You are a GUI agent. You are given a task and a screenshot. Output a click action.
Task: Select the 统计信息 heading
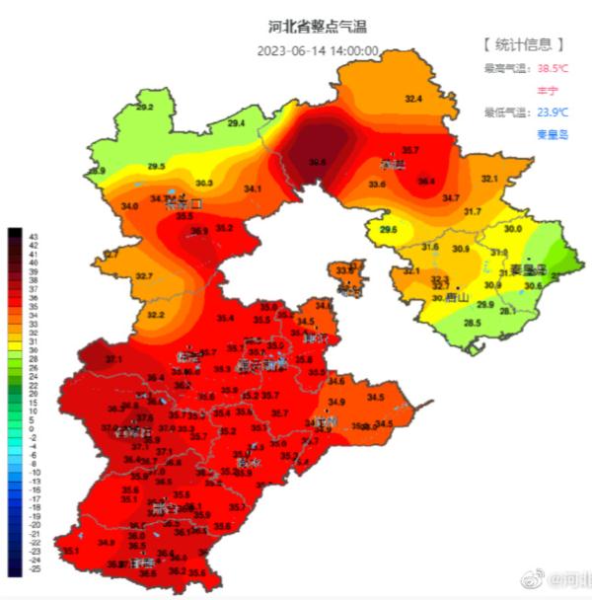[x=524, y=44]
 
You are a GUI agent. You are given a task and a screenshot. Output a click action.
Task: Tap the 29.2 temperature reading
[x=145, y=107]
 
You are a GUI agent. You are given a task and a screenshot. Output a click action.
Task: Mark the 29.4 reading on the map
[x=237, y=123]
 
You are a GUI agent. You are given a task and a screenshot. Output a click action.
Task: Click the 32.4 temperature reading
[x=413, y=99]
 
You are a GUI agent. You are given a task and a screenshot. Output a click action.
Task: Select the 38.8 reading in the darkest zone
[x=317, y=161]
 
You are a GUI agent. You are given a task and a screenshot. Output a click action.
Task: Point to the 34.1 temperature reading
[x=254, y=188]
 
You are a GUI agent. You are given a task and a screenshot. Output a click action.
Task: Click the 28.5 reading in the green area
[x=473, y=323]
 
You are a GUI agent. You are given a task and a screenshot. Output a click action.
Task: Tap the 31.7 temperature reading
[x=473, y=212]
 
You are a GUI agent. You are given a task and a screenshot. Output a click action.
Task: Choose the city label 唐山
[x=456, y=295]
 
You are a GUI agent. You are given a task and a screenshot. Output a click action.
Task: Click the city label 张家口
[x=184, y=205]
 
